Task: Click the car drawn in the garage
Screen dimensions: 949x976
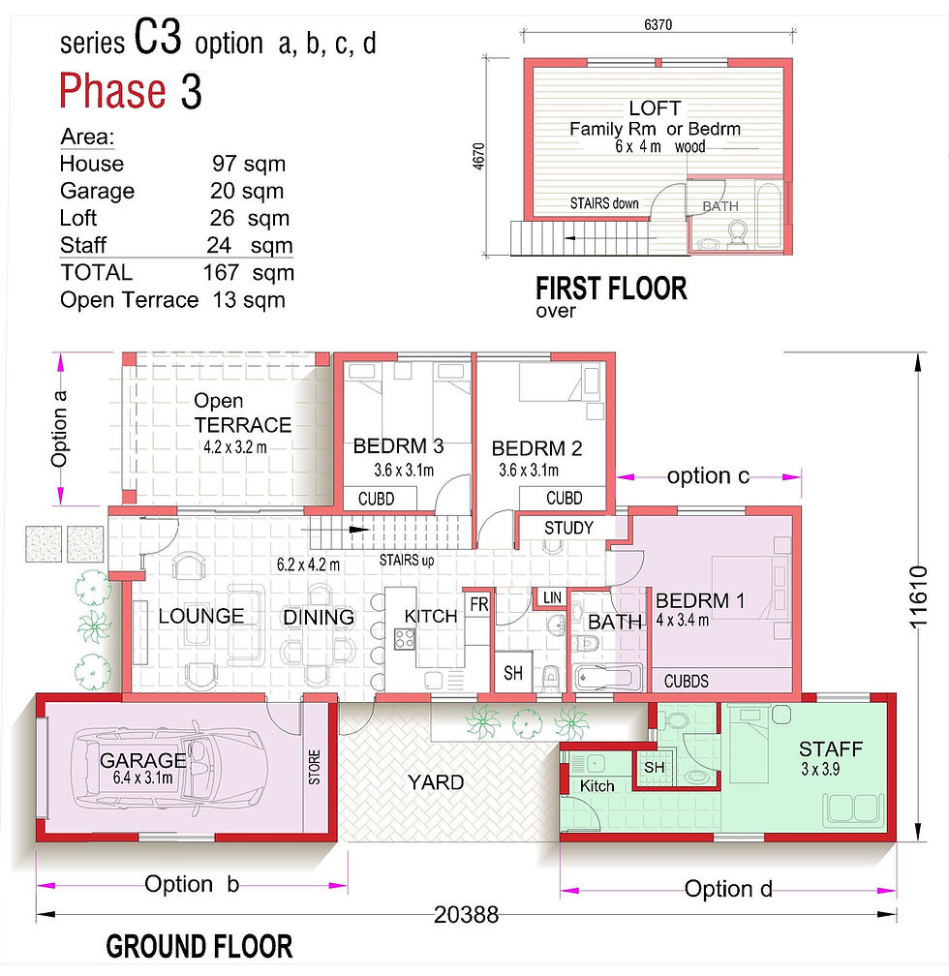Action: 169,769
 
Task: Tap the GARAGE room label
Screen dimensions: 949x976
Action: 142,760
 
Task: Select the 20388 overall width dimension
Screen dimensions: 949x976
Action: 467,914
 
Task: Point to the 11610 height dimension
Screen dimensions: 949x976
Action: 918,596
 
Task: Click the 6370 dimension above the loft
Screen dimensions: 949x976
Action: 658,25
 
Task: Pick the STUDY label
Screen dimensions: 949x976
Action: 568,528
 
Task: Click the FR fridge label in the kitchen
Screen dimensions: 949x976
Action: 479,604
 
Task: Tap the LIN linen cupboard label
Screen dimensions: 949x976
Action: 552,597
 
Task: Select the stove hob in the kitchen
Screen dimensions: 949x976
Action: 405,639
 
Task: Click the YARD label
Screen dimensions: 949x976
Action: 435,782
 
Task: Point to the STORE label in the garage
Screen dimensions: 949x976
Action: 315,767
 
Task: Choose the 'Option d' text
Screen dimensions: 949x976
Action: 728,888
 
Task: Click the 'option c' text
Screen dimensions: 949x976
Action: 708,476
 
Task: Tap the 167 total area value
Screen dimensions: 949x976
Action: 221,273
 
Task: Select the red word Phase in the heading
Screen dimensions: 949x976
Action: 112,91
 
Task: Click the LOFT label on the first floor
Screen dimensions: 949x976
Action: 655,108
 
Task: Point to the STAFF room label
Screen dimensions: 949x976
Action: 831,748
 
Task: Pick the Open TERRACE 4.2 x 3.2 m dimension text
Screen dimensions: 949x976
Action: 234,447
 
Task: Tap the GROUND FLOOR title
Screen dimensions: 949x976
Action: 199,947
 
